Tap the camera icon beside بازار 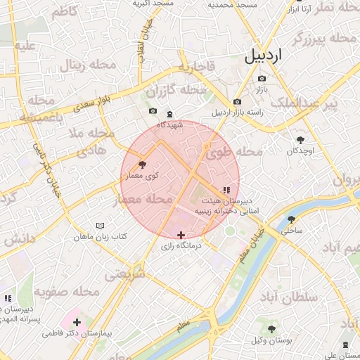click(x=262, y=79)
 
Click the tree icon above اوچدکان click(x=302, y=139)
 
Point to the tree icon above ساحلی click(x=291, y=219)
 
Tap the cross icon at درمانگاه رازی click(x=181, y=235)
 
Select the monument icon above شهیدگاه click(x=169, y=114)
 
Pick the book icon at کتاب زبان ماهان click(x=101, y=226)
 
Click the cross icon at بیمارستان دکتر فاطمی click(x=77, y=323)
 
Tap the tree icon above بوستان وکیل click(x=271, y=329)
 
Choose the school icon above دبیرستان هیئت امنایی click(x=226, y=190)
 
